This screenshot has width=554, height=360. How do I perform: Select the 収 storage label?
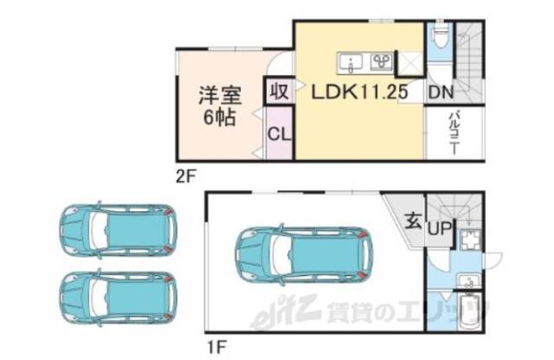click(x=279, y=91)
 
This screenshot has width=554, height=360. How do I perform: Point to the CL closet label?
click(x=279, y=134)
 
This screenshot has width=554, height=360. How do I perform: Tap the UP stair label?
click(x=439, y=228)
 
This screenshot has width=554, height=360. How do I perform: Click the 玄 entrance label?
click(x=413, y=221)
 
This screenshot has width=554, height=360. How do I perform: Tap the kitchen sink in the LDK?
click(x=351, y=61)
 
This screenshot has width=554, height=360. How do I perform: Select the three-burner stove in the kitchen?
click(x=381, y=61)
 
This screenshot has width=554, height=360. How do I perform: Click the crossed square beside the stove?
click(x=409, y=62)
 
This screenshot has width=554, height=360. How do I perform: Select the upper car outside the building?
click(x=116, y=231)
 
